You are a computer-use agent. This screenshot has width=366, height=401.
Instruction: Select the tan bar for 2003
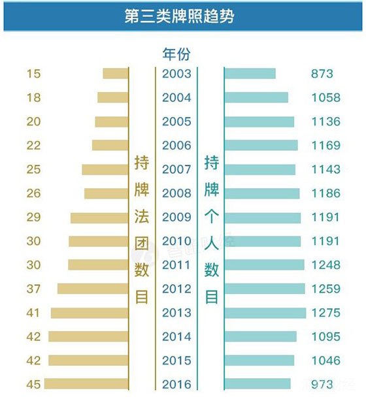(x=115, y=74)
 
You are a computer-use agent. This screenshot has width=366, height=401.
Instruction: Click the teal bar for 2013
(x=265, y=313)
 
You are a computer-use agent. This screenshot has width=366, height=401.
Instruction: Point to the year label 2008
(x=176, y=193)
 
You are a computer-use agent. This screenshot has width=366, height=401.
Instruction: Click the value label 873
(x=323, y=74)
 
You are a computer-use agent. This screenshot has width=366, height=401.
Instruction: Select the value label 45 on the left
(x=33, y=384)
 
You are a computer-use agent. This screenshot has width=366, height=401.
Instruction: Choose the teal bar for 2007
(x=259, y=169)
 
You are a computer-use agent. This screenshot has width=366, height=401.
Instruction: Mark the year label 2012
(x=176, y=289)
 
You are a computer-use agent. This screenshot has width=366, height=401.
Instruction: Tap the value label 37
(x=33, y=289)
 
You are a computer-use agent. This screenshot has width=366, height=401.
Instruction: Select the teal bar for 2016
(x=258, y=384)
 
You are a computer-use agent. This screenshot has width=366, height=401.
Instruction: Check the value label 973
(x=323, y=384)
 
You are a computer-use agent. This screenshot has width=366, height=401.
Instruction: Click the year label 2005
(x=176, y=121)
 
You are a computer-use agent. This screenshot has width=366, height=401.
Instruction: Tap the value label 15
(x=33, y=74)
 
